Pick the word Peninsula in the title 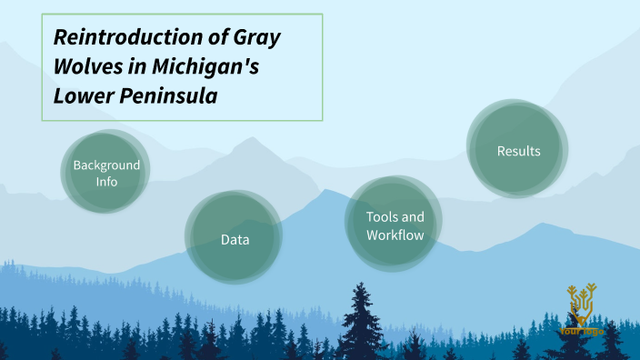pyautogui.click(x=170, y=95)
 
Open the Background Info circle pyautogui.click(x=106, y=172)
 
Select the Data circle pyautogui.click(x=235, y=239)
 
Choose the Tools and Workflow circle pyautogui.click(x=395, y=225)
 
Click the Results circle pyautogui.click(x=517, y=149)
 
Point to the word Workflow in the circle pyautogui.click(x=395, y=235)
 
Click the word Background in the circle pyautogui.click(x=107, y=165)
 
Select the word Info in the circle pyautogui.click(x=107, y=182)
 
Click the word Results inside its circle pyautogui.click(x=518, y=151)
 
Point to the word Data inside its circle pyautogui.click(x=235, y=240)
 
